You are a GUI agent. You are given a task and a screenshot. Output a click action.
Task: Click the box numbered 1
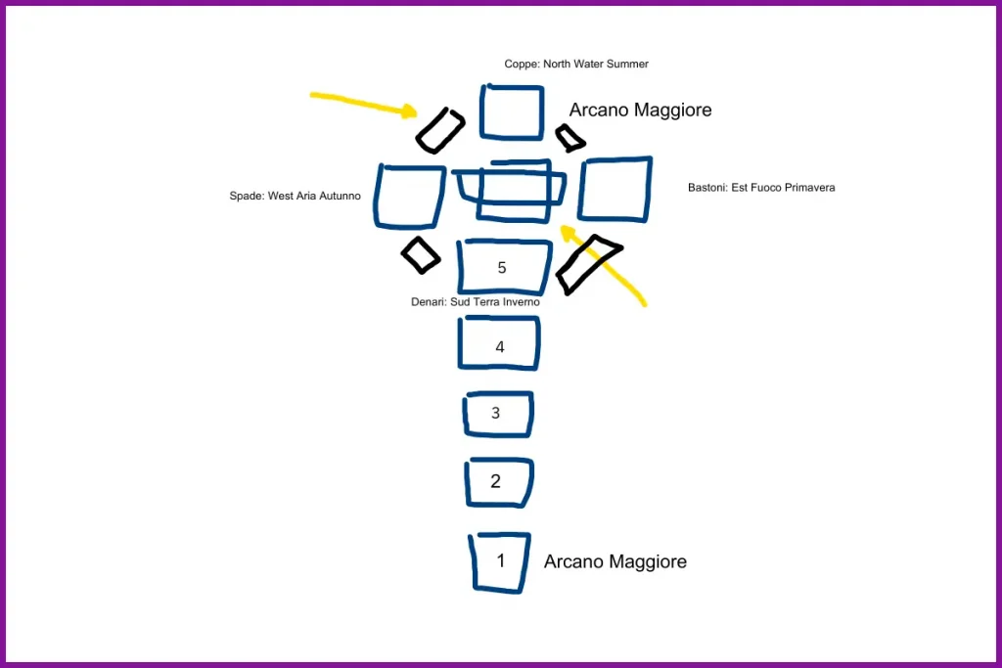(x=500, y=562)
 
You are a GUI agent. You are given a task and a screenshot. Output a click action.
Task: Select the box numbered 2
(x=499, y=482)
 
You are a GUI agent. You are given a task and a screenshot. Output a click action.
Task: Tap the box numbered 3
(x=498, y=415)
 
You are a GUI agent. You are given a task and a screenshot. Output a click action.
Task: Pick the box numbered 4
(x=499, y=343)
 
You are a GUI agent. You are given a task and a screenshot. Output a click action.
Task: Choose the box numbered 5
(x=503, y=267)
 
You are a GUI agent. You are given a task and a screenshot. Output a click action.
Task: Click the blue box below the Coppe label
(x=512, y=112)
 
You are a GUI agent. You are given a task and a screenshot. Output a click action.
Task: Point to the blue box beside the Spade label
(x=409, y=196)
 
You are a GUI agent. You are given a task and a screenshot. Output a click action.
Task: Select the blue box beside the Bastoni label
(x=615, y=189)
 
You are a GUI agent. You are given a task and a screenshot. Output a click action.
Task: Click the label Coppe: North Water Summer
(x=576, y=65)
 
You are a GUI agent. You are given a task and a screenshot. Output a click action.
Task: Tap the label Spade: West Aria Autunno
(x=295, y=197)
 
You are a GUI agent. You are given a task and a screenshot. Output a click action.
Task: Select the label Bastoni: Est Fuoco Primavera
(x=761, y=188)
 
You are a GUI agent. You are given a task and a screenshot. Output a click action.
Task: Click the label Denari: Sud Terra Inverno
(x=476, y=302)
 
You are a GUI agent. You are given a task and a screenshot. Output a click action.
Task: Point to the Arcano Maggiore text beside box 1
(x=615, y=562)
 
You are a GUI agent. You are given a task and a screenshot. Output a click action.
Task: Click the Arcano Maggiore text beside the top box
(x=640, y=111)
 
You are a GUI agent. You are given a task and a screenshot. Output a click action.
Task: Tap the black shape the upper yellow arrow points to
(x=440, y=130)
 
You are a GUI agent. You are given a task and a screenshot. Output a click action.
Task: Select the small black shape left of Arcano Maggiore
(x=569, y=139)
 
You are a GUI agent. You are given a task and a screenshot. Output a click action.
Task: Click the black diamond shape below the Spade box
(x=421, y=254)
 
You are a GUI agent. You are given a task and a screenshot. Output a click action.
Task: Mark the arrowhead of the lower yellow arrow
(x=567, y=231)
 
